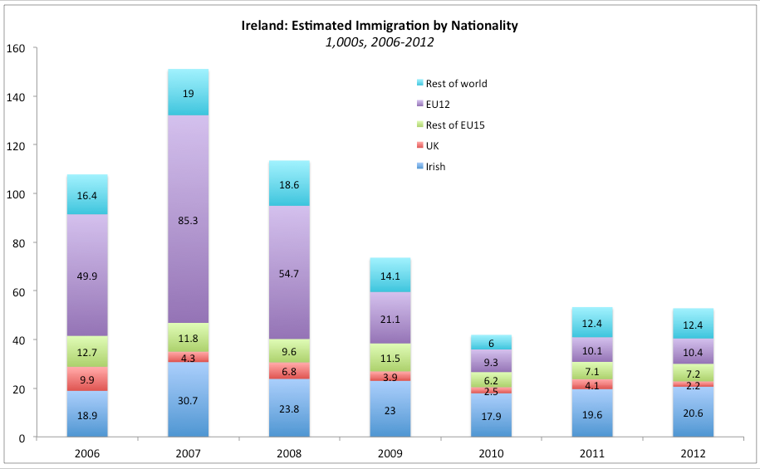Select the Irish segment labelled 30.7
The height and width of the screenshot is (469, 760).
[188, 399]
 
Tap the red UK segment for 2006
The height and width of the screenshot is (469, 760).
[87, 379]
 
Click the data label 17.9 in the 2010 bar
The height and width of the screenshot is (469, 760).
[490, 417]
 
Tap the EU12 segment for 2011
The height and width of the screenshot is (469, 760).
[591, 349]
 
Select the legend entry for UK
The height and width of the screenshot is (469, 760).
[432, 146]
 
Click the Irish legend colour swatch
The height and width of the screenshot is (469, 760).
[419, 167]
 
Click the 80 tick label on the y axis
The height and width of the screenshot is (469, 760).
[22, 242]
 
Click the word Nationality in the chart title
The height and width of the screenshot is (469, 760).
[482, 26]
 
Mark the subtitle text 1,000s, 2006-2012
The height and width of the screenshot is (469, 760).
[379, 41]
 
